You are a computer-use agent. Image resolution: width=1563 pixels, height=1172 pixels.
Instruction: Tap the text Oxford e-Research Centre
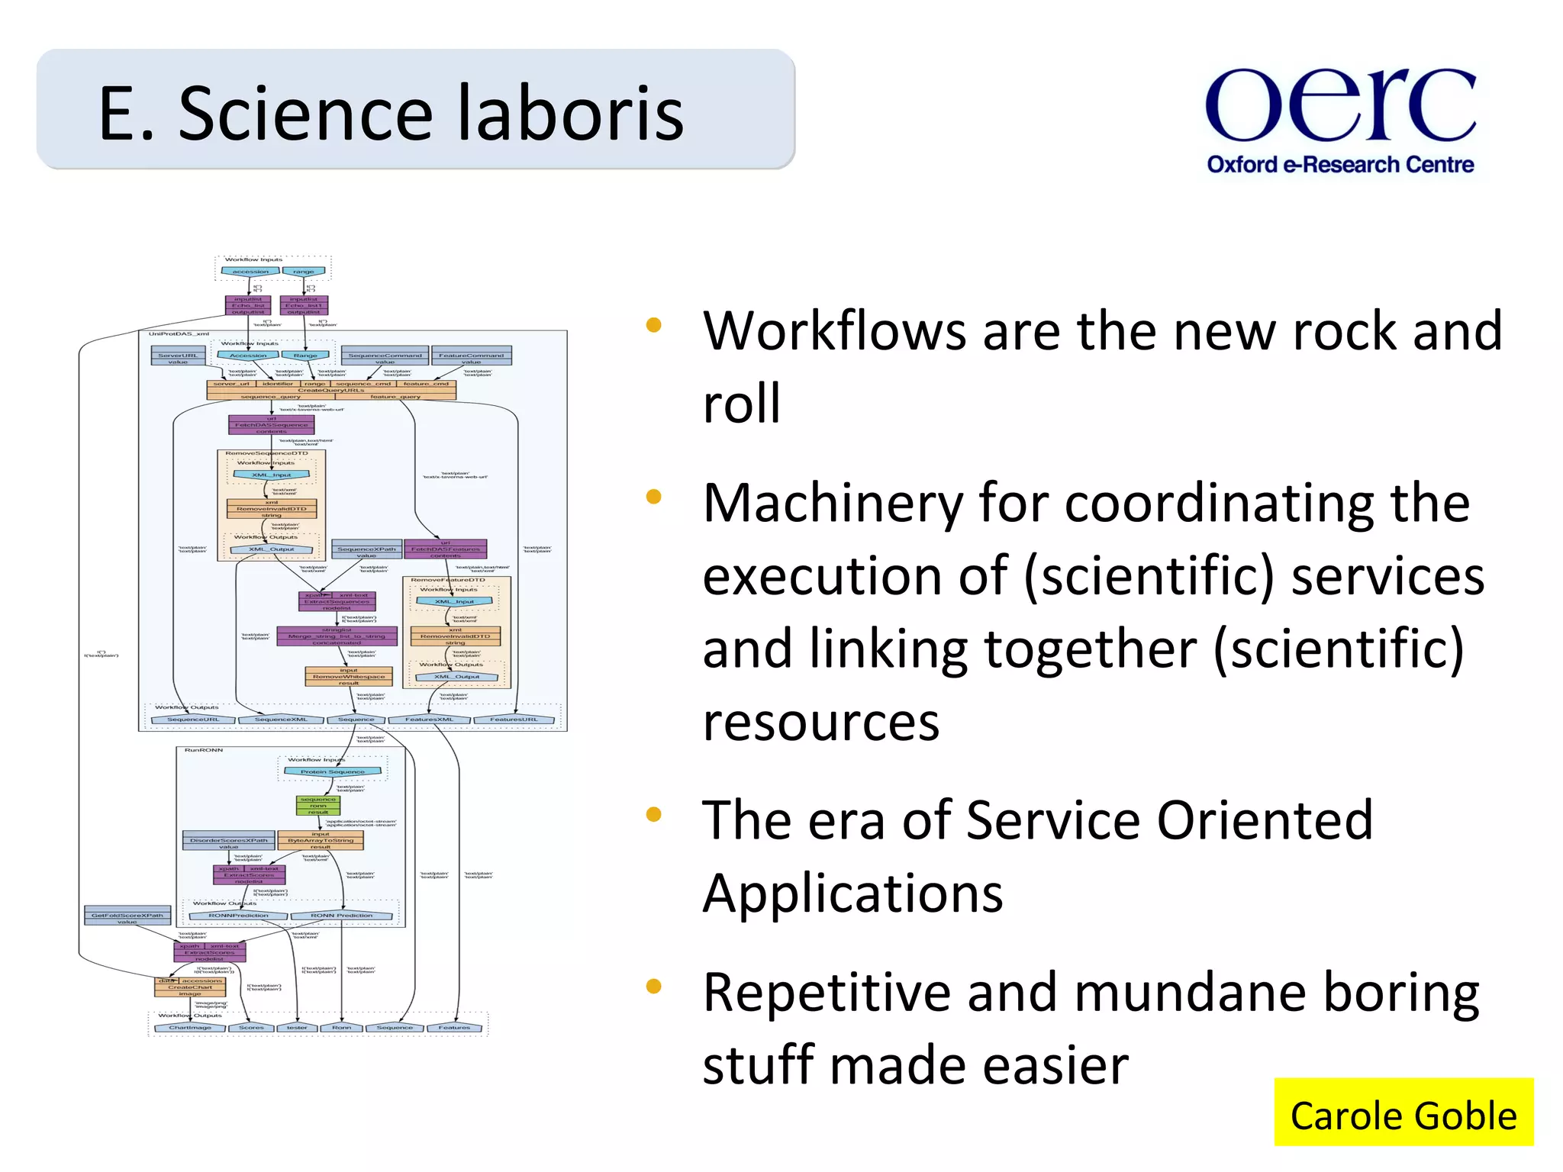(x=1340, y=165)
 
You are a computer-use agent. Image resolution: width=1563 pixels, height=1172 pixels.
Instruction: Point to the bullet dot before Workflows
(x=653, y=326)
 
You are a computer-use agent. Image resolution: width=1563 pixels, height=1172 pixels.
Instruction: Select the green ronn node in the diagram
(x=318, y=806)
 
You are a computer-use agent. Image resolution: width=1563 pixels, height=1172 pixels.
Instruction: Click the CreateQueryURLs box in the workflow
(x=331, y=390)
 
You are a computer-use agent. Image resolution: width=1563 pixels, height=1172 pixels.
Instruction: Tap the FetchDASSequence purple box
(x=272, y=425)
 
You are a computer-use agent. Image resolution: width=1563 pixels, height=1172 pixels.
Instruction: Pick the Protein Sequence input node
(x=332, y=771)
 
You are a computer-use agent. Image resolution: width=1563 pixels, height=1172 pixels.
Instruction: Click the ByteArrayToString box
(x=321, y=840)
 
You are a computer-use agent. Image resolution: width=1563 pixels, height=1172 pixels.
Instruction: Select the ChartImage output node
(x=189, y=1028)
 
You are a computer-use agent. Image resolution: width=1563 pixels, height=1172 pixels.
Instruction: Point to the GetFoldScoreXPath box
(x=127, y=916)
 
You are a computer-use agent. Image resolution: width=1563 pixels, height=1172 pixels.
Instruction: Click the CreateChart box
(x=190, y=987)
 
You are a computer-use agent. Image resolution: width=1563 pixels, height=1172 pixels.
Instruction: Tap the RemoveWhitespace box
(x=349, y=677)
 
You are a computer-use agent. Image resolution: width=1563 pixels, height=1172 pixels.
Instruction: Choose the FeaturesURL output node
(x=514, y=720)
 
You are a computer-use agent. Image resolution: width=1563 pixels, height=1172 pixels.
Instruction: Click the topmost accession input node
(x=250, y=272)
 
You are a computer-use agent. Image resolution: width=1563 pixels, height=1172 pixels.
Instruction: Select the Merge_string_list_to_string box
(x=337, y=636)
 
